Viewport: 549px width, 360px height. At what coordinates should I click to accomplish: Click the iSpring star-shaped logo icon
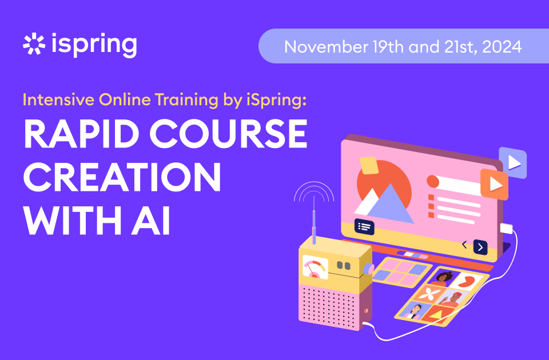coord(34,44)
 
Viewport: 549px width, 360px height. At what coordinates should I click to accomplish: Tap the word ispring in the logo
coord(94,45)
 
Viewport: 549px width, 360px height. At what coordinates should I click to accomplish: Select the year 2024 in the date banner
coord(502,47)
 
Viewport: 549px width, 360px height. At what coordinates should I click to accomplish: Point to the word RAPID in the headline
coord(82,134)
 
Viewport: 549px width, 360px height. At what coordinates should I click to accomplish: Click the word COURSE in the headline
coord(229,134)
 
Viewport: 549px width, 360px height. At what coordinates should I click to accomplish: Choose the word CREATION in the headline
coord(122,177)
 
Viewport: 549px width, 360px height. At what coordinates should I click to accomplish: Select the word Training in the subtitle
coord(186,101)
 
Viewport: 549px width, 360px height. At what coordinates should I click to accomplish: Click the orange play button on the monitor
coord(494,184)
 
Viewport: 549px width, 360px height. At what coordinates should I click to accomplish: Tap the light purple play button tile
coord(513,162)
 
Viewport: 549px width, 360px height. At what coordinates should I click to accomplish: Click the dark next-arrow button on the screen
coord(480,247)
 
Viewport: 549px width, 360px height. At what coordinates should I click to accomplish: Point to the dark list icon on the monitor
coord(364,227)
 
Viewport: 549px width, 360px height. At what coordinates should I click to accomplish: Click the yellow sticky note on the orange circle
coord(369,165)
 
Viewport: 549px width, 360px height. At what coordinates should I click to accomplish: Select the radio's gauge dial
coord(315,267)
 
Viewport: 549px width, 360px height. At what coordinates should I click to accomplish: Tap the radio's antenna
coord(314,219)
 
